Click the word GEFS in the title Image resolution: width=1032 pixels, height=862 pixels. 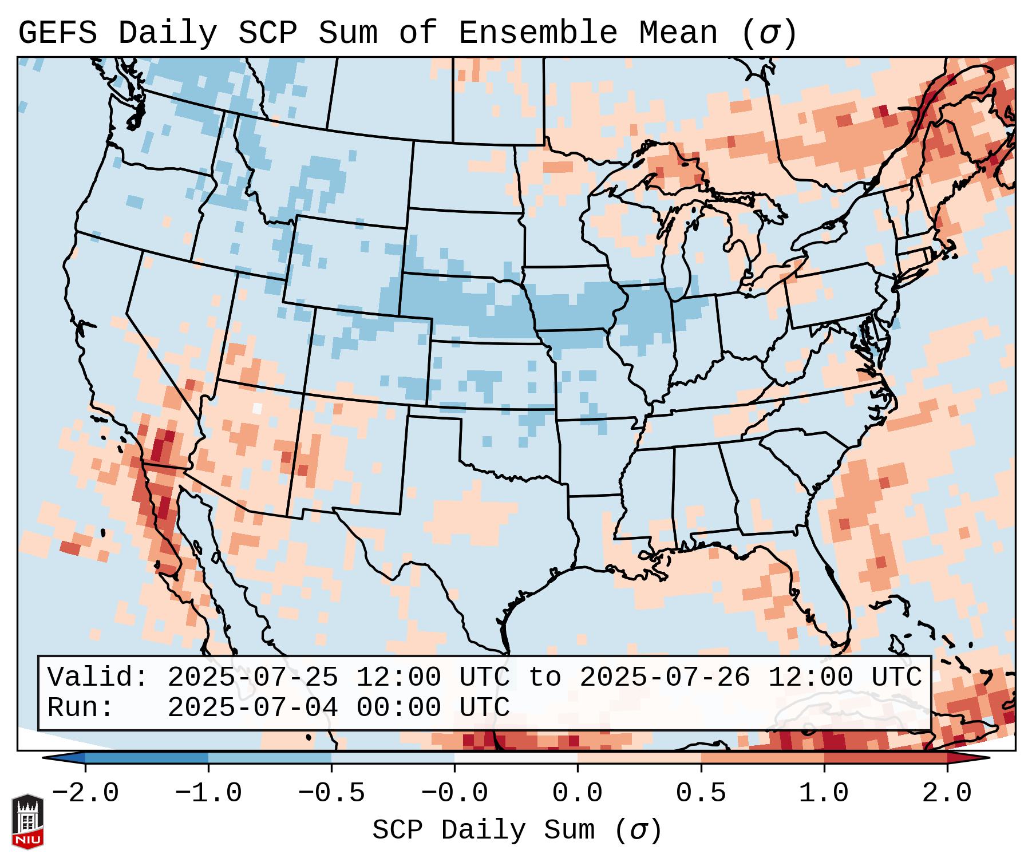[x=57, y=33]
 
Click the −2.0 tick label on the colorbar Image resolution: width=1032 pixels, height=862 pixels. [x=85, y=793]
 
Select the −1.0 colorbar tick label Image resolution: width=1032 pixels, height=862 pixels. [x=208, y=793]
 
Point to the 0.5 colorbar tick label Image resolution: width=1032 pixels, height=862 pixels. [x=701, y=793]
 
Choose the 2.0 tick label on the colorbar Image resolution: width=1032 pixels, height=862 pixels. [x=947, y=793]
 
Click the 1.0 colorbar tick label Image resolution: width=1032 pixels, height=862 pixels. [x=824, y=793]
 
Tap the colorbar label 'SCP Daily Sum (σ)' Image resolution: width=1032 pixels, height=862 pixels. [x=517, y=830]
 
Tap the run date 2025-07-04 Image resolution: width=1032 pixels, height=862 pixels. [x=252, y=707]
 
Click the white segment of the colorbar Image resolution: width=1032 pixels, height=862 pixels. [x=516, y=758]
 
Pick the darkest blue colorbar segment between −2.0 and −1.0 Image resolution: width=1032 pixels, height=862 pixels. [x=147, y=758]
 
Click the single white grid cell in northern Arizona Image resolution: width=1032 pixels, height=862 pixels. [x=257, y=408]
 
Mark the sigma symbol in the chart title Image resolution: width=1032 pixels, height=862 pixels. [x=769, y=33]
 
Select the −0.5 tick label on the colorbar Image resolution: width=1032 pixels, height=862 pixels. [x=331, y=793]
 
